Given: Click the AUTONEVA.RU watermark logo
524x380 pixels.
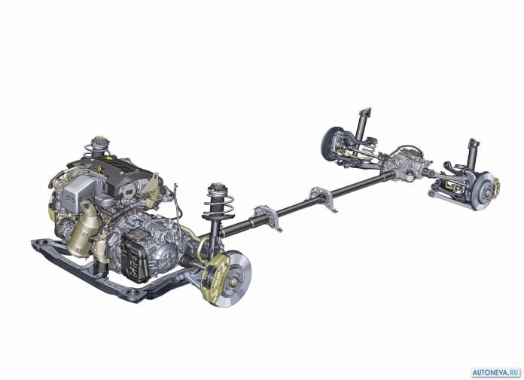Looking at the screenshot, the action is tap(496, 372).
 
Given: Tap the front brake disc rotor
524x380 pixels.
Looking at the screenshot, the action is tap(234, 278).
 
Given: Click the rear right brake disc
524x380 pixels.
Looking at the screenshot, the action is tap(484, 192).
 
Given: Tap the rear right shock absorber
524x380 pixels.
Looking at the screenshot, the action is tap(473, 155).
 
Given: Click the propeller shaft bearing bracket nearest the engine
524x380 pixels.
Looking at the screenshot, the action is tap(267, 218).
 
